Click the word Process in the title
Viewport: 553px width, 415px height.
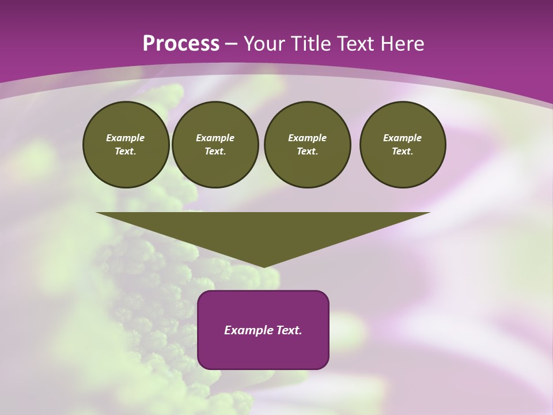tap(181, 44)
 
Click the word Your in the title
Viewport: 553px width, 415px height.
tap(262, 44)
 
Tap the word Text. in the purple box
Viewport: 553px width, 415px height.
tap(289, 330)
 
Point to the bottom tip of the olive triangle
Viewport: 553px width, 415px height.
tap(263, 266)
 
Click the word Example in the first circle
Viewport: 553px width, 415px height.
tap(126, 138)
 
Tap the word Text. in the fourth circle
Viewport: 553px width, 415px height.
tap(403, 151)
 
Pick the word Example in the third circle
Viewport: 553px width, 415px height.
tap(307, 138)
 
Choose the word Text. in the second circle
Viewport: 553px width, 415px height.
tap(215, 151)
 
